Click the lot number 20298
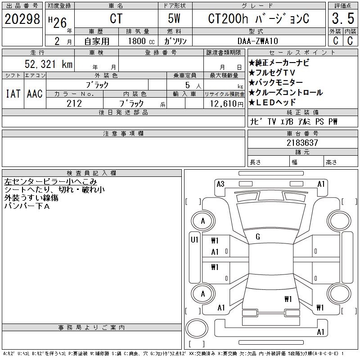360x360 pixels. tap(22, 18)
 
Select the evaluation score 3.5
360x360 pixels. tap(342, 19)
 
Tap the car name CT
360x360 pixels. tap(116, 19)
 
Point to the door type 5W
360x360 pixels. tap(175, 19)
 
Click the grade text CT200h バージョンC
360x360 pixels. tap(258, 19)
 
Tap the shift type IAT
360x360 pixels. tap(13, 94)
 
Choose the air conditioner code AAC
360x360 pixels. tap(35, 94)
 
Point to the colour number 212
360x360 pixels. tap(74, 103)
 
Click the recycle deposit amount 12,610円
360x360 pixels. tap(224, 104)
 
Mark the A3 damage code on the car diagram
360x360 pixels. tap(220, 184)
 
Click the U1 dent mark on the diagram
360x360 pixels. tap(194, 240)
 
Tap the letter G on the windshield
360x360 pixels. tap(257, 237)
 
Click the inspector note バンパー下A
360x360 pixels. tap(27, 206)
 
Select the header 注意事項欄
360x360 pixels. tap(123, 134)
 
